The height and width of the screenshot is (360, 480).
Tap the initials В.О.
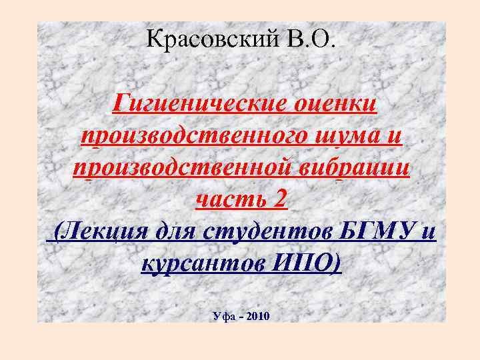click(x=314, y=40)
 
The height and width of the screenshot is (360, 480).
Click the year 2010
click(x=258, y=315)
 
